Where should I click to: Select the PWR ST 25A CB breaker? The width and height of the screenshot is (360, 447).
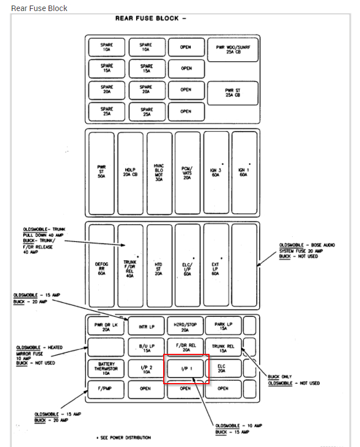[x=233, y=92]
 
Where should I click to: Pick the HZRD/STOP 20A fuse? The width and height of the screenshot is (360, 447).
[x=185, y=326]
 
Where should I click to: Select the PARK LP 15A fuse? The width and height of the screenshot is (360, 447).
[x=223, y=326]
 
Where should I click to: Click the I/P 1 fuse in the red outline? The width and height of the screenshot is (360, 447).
[x=186, y=368]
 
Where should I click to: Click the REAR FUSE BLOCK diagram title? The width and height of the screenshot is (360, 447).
[x=150, y=18]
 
